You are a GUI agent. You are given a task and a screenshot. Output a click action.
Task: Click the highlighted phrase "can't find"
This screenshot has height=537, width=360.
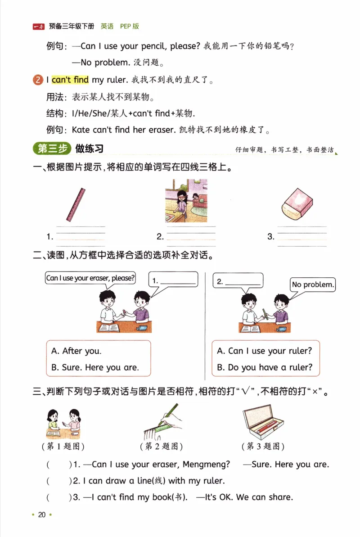(x=70, y=80)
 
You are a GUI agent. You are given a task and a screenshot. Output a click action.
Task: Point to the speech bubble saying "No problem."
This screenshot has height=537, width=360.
(x=313, y=284)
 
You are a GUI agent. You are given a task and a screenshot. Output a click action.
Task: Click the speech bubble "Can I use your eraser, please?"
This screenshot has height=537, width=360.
(x=90, y=278)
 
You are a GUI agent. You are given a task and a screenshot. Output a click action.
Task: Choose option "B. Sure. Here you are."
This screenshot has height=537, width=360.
(x=95, y=367)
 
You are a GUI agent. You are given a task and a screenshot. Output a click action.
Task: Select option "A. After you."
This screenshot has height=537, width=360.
(x=76, y=351)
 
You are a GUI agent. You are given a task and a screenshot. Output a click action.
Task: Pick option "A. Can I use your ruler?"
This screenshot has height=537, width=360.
(x=264, y=351)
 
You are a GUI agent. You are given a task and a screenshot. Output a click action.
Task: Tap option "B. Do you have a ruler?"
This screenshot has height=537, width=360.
(x=265, y=367)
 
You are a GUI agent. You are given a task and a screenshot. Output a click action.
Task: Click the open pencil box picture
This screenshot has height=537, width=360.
(x=263, y=423)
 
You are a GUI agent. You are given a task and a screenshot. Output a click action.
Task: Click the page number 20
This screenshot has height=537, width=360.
(x=42, y=515)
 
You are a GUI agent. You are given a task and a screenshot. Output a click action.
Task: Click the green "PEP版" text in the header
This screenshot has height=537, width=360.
(x=130, y=27)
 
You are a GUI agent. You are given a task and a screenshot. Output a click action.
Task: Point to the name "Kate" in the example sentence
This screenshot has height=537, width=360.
(x=81, y=130)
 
